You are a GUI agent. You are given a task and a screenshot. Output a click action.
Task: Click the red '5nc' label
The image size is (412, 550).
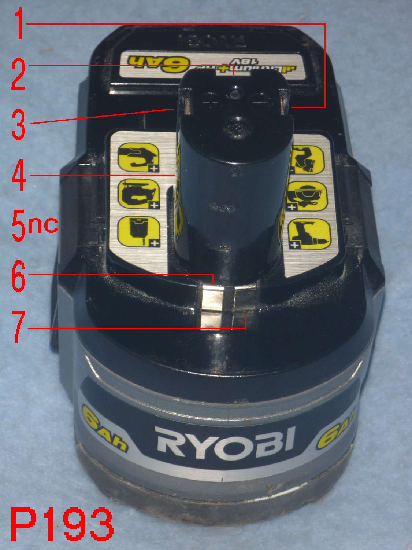click(x=35, y=224)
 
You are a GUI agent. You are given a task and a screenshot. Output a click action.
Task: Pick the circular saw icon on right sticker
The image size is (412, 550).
click(x=306, y=197)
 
